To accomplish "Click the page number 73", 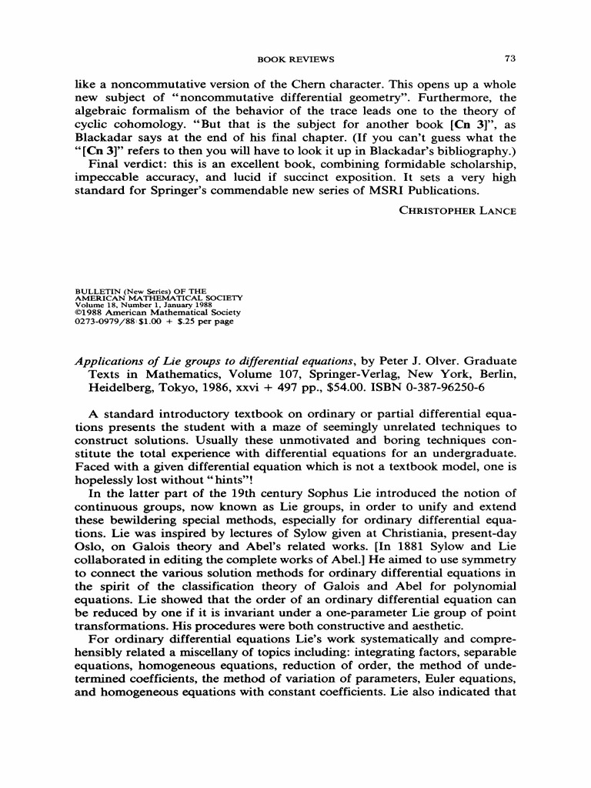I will pos(509,58).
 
